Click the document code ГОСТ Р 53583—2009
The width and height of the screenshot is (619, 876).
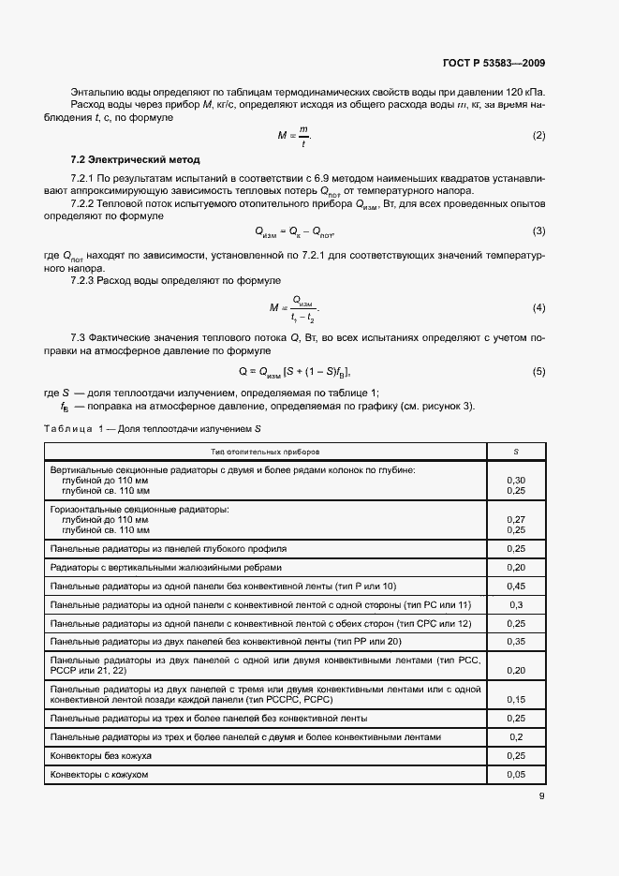click(494, 64)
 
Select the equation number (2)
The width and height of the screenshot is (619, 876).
click(538, 136)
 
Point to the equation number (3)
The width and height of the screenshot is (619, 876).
click(538, 230)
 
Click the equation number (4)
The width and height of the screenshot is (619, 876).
click(538, 307)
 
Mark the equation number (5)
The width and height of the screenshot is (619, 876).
click(538, 371)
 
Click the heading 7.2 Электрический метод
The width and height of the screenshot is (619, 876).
click(135, 159)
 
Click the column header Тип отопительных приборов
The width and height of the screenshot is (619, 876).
click(264, 452)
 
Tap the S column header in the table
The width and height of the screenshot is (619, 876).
click(515, 452)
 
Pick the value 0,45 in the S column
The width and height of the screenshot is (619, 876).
click(515, 586)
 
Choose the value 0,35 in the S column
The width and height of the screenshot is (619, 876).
click(515, 642)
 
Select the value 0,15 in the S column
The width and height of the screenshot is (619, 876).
click(515, 699)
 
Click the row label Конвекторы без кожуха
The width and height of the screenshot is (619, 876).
click(101, 755)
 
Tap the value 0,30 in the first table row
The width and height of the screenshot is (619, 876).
click(515, 480)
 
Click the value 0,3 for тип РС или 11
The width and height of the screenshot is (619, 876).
click(515, 604)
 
